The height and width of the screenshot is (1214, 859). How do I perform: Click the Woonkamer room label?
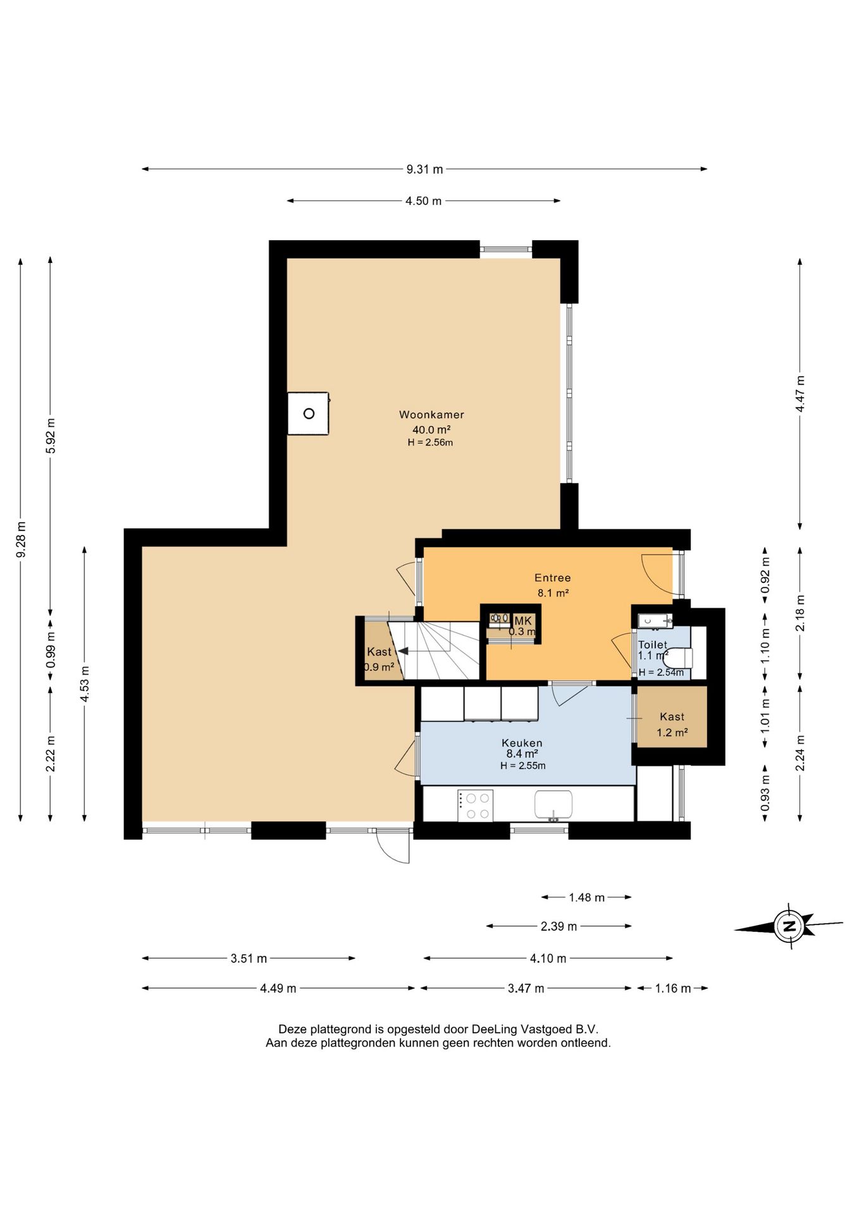click(x=431, y=415)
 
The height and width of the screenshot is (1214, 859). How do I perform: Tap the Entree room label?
click(x=553, y=577)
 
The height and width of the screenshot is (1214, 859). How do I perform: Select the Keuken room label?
click(x=522, y=743)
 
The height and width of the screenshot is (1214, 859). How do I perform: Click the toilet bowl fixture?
click(x=677, y=658)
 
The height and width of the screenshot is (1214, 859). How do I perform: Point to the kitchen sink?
click(x=553, y=805)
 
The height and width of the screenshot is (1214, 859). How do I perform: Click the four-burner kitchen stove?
click(x=476, y=806)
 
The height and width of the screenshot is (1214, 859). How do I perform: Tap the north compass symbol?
click(x=789, y=927)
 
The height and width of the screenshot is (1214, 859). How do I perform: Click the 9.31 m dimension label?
click(x=424, y=169)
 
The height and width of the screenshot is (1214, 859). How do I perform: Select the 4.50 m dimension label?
click(x=424, y=201)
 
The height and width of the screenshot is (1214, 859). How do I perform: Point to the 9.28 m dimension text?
click(x=22, y=539)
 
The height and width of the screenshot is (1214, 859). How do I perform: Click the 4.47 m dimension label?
click(x=800, y=394)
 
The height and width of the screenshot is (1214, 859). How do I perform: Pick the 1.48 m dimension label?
click(x=587, y=897)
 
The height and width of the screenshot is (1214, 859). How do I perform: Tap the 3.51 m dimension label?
click(x=249, y=959)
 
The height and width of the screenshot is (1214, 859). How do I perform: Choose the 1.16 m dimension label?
click(x=673, y=988)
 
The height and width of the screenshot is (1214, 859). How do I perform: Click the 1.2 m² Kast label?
click(x=672, y=725)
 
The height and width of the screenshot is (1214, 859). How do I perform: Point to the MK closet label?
click(x=523, y=621)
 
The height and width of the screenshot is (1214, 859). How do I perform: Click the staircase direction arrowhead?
click(x=403, y=651)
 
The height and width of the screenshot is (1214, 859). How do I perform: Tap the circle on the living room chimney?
click(x=309, y=414)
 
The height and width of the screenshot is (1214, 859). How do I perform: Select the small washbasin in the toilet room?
click(x=654, y=620)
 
